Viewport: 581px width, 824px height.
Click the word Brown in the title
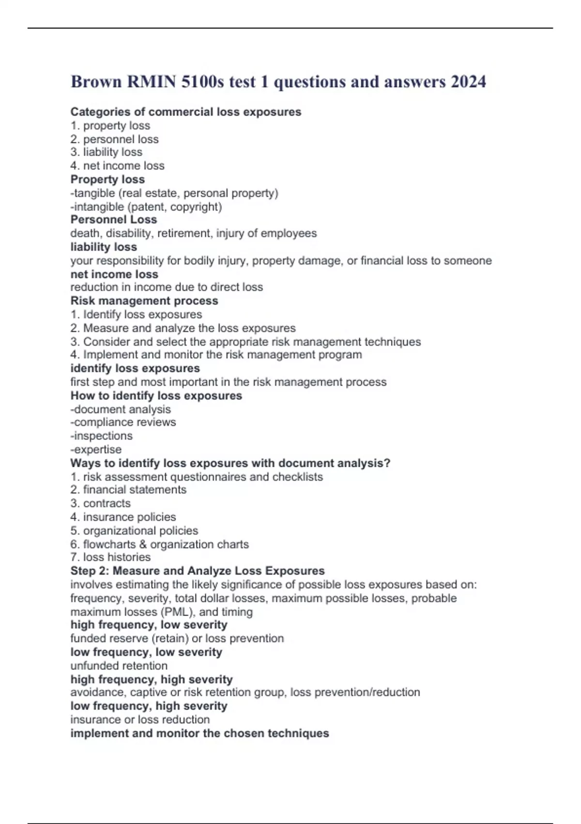[96, 81]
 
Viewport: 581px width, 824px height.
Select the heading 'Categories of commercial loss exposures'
[185, 112]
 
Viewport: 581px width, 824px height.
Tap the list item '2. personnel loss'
[114, 139]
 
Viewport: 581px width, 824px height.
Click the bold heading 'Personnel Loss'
[114, 220]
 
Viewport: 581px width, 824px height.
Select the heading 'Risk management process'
[144, 301]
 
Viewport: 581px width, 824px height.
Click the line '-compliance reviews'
[123, 422]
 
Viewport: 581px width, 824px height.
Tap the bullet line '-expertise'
[96, 449]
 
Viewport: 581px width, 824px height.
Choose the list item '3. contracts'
[100, 503]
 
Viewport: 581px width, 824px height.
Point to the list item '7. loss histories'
[110, 557]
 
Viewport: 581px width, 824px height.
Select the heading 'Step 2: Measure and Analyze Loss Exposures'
[198, 570]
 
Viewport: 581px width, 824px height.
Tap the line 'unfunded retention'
[119, 666]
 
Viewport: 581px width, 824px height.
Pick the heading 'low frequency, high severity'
[149, 706]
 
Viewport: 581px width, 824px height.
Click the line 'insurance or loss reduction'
[140, 719]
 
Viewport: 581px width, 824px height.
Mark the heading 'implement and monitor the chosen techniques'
[199, 733]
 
